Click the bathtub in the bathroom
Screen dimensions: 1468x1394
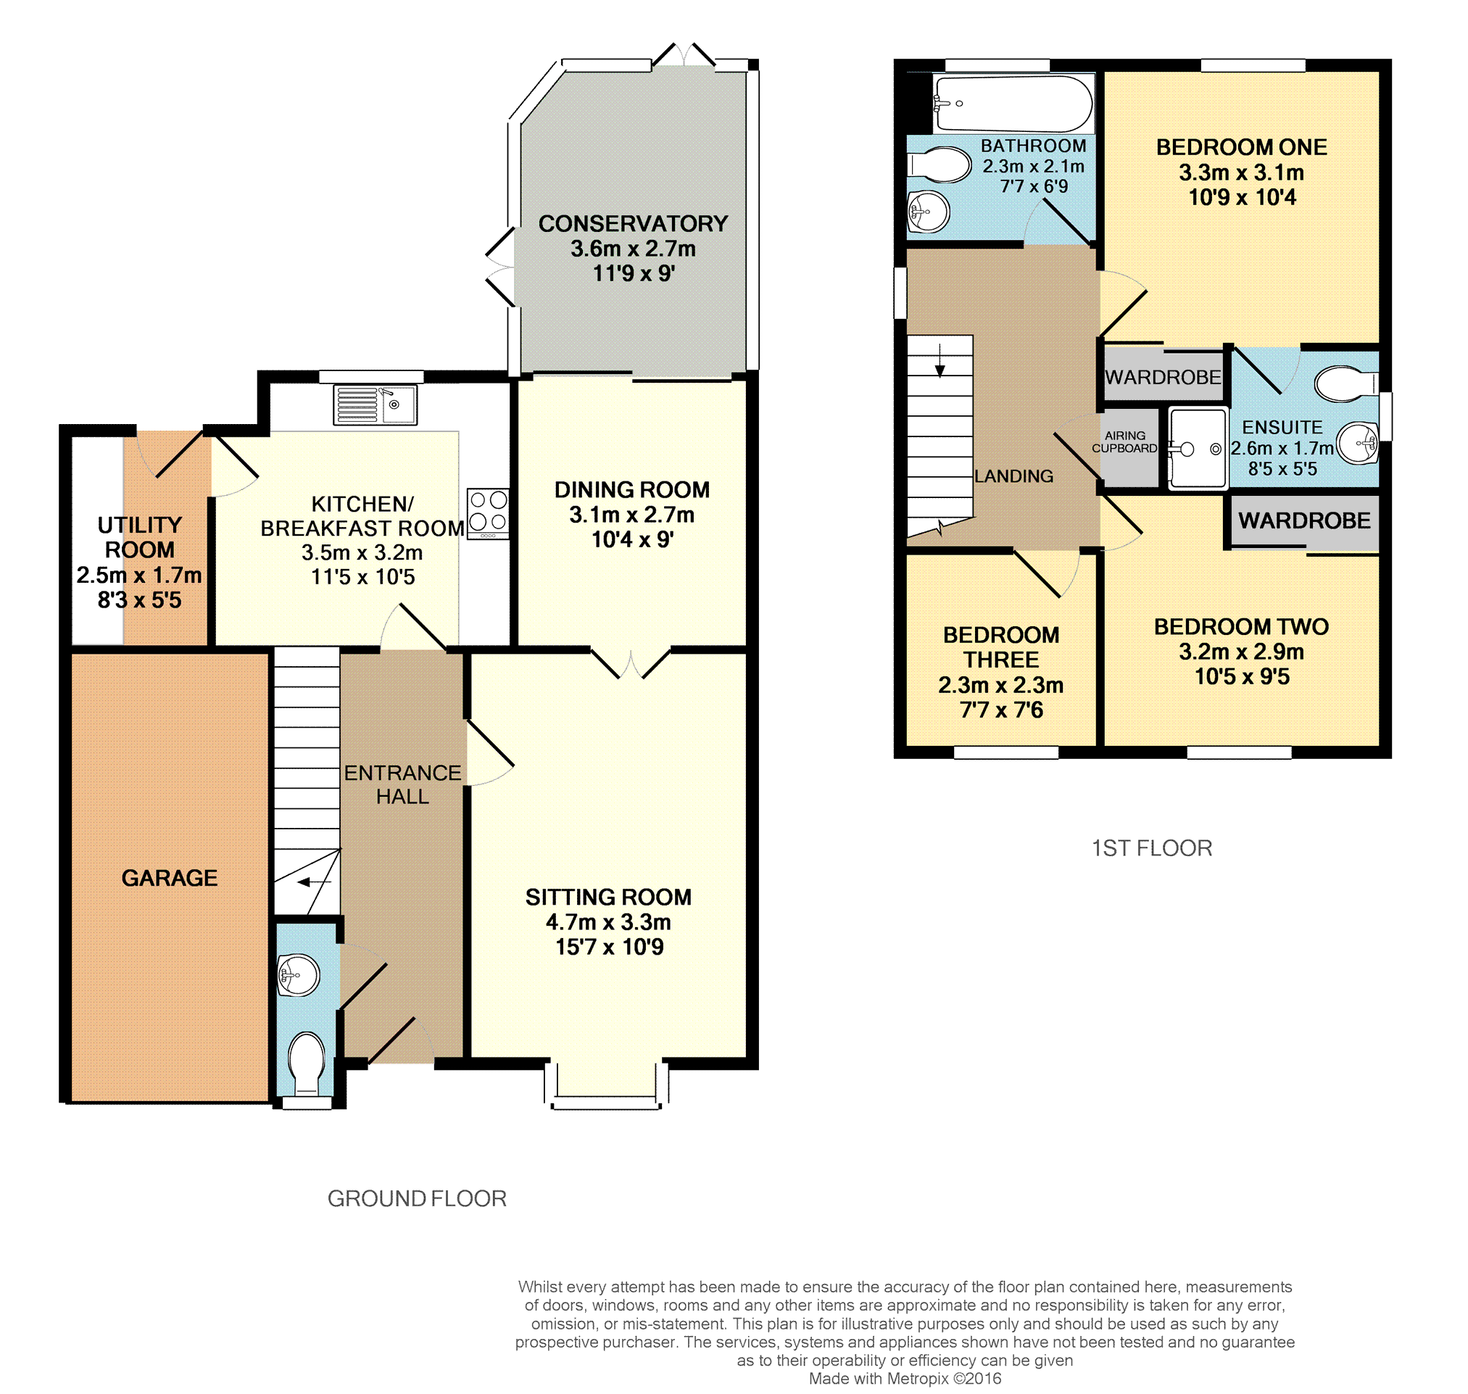coord(1013,104)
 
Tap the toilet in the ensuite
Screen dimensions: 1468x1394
coord(1346,384)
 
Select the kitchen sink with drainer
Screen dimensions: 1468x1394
coord(376,405)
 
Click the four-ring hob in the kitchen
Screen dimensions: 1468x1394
coord(488,513)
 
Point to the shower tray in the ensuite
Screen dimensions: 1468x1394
coord(1198,449)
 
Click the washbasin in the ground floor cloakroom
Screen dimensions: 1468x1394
coord(298,975)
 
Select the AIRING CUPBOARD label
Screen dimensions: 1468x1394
coord(1124,442)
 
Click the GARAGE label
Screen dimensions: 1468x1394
coord(170,879)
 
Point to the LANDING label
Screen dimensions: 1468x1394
coord(1013,476)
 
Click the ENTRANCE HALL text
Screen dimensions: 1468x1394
coord(402,784)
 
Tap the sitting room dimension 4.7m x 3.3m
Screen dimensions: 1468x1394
coord(608,922)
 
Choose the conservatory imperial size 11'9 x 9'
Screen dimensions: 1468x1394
coord(633,273)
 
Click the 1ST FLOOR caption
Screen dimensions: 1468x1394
coord(1151,848)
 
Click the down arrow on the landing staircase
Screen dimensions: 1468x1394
coord(940,360)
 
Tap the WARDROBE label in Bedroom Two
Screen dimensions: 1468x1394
coord(1304,521)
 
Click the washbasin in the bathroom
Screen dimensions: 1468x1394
coord(929,212)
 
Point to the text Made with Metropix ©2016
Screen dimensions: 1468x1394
coord(905,1378)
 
